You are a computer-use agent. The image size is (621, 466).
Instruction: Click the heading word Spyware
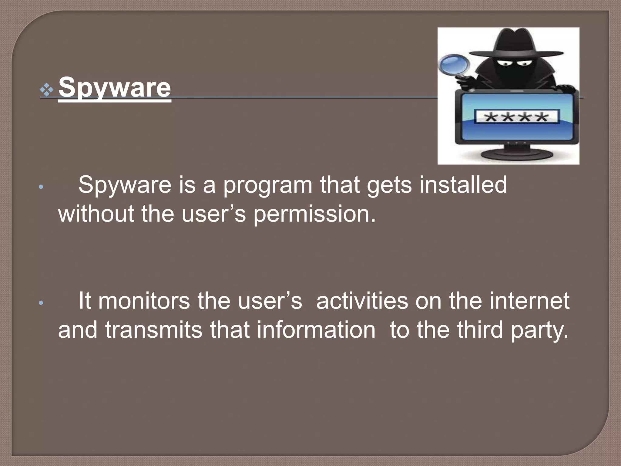pyautogui.click(x=115, y=88)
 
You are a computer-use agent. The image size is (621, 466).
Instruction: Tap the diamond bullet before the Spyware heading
pyautogui.click(x=46, y=90)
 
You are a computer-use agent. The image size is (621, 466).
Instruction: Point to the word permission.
pyautogui.click(x=314, y=214)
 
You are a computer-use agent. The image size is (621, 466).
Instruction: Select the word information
pyautogui.click(x=316, y=330)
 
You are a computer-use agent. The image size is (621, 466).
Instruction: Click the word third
pyautogui.click(x=480, y=330)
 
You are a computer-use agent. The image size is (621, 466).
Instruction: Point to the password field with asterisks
pyautogui.click(x=517, y=117)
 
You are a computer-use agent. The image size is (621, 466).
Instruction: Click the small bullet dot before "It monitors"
pyautogui.click(x=42, y=303)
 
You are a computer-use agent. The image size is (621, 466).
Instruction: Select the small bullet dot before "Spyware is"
pyautogui.click(x=42, y=187)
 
